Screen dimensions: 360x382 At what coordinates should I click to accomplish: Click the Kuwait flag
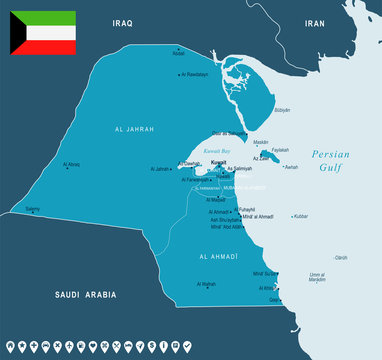(43, 33)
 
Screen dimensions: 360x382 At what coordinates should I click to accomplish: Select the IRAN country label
(316, 21)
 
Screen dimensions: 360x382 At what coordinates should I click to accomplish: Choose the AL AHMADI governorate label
(218, 256)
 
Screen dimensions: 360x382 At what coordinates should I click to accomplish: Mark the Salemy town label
(33, 209)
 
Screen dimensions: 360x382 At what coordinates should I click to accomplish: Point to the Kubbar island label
(301, 215)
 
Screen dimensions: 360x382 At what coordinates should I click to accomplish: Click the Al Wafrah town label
(207, 285)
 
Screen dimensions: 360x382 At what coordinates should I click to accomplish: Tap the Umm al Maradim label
(318, 277)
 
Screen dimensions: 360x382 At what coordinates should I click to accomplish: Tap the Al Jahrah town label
(161, 169)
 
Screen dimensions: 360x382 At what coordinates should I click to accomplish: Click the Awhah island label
(291, 167)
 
